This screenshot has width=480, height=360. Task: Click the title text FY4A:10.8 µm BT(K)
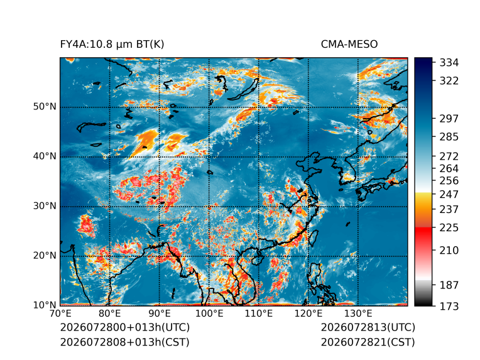coord(112,45)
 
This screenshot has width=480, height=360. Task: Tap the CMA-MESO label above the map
coord(349,45)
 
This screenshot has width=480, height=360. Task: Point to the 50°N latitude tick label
coord(45,107)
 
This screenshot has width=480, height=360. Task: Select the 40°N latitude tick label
coord(45,156)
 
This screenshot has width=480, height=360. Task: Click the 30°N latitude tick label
coord(45,205)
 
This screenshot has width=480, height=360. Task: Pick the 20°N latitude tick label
coord(45,255)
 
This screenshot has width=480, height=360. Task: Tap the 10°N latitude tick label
coord(45,305)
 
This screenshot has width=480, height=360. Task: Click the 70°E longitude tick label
coord(60,314)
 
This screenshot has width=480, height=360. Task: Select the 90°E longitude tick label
coord(159,314)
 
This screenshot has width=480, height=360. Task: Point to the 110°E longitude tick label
coord(259,314)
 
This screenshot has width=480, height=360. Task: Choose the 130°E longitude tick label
coord(358,314)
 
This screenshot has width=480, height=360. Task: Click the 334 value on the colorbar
coord(449,63)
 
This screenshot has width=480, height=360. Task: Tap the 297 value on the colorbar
coord(449,119)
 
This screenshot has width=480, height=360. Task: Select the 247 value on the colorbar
coord(449,194)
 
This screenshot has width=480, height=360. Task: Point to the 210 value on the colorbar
coord(449,251)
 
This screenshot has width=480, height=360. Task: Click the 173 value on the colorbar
coord(449,306)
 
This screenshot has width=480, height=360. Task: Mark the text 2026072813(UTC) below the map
coord(368,327)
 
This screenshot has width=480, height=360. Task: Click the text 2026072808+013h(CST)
coord(125,342)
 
